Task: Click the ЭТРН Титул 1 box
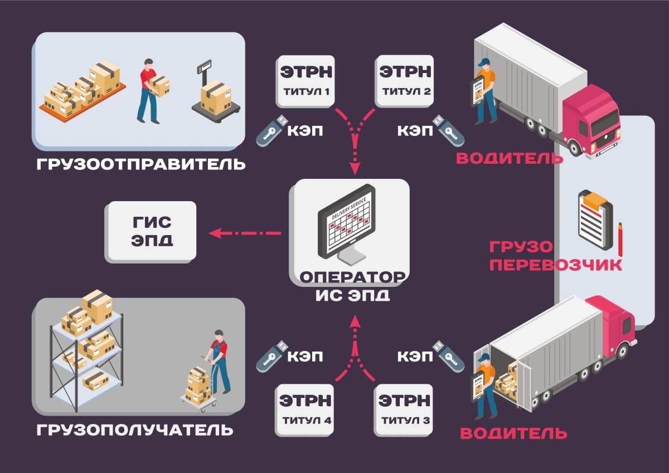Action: click(306, 80)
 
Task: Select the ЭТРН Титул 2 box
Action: click(405, 80)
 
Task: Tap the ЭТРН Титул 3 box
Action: click(405, 409)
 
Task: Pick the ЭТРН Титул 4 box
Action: click(306, 409)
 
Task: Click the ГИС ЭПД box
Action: click(152, 231)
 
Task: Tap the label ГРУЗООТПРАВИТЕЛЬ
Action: click(141, 165)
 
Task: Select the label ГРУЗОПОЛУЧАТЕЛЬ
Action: click(135, 431)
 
